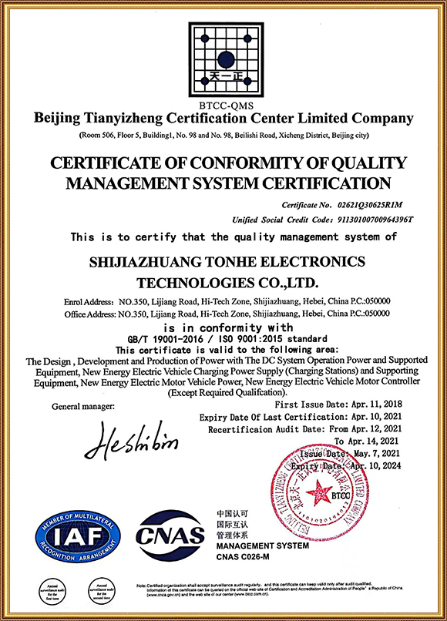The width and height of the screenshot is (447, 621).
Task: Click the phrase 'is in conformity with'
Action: (223, 327)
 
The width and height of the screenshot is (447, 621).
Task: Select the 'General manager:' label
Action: (82, 405)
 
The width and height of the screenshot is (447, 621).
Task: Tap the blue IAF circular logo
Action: (76, 536)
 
